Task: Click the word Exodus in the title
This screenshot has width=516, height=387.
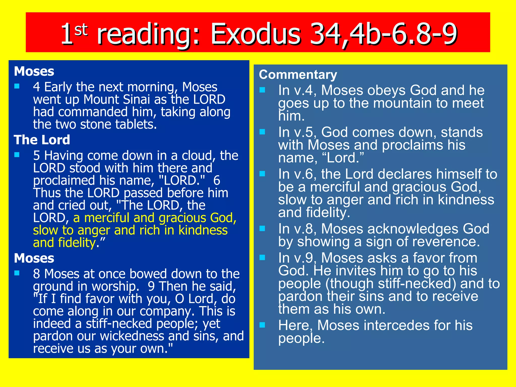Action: point(256,34)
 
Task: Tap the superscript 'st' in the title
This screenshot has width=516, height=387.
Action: point(81,30)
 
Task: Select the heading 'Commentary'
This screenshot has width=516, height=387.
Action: point(298,75)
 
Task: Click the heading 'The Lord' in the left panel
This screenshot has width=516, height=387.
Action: point(42,140)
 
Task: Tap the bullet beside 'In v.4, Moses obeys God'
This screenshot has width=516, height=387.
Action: point(262,90)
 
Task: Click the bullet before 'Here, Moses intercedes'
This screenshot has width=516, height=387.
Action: point(262,325)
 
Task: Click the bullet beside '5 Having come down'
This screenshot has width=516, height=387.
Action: point(17,155)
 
